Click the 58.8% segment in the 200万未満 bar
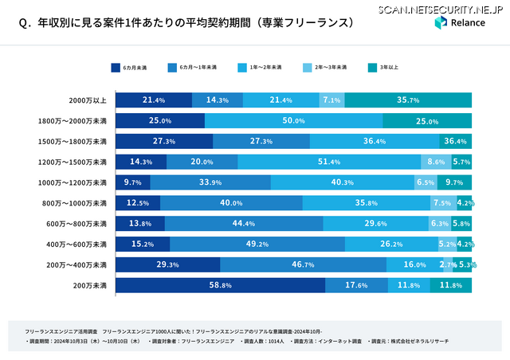(x=220, y=284)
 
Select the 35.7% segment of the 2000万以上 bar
(x=408, y=100)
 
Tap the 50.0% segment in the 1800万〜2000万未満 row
(x=293, y=120)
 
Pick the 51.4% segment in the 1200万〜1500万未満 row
(x=329, y=162)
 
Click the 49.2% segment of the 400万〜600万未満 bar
(x=257, y=244)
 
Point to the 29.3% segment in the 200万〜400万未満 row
(x=167, y=264)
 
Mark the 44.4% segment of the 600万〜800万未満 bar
(x=243, y=223)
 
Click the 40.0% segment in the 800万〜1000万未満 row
(x=231, y=202)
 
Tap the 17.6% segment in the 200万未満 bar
(x=355, y=284)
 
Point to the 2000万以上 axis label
(x=87, y=100)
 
